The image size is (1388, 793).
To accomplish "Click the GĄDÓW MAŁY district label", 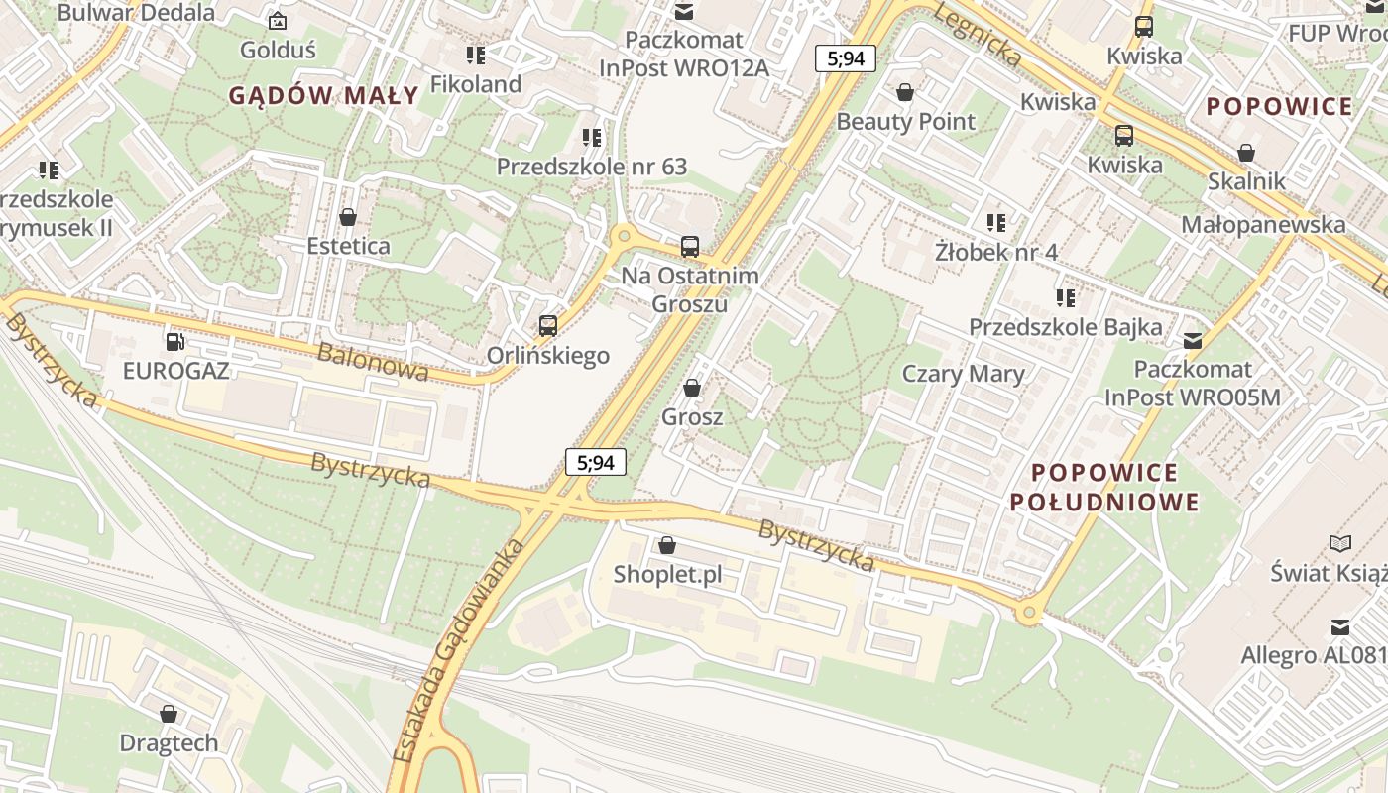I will pos(323,96).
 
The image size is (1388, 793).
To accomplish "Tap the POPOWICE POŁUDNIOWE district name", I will pos(1104,487).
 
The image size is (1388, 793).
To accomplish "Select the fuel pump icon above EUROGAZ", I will pos(175,342).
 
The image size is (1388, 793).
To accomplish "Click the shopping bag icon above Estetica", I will pos(348,216).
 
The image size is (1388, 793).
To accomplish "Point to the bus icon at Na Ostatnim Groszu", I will pos(690,247).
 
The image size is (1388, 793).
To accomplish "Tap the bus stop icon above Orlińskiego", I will pos(547,325).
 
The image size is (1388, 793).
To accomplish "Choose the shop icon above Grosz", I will pos(692,388).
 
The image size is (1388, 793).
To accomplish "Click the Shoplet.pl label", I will pos(667,574).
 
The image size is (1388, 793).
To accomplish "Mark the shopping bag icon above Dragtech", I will pos(169,714).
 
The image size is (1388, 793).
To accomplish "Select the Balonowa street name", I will pos(373,362).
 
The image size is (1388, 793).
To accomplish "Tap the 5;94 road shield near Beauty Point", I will pos(846,58).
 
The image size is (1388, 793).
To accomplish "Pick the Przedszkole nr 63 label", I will pos(592,167).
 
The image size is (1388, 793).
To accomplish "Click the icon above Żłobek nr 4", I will pos(996,223).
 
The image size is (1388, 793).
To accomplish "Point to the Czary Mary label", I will pos(963,374).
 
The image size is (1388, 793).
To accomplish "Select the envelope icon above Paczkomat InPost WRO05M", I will pos(1193,341).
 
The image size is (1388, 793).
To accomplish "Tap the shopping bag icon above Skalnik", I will pos(1246,153).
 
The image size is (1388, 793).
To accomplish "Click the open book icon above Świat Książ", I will pos(1339,543).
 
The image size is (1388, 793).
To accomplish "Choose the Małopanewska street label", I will pos(1263,225).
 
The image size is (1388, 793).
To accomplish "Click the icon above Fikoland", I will pos(476,56).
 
